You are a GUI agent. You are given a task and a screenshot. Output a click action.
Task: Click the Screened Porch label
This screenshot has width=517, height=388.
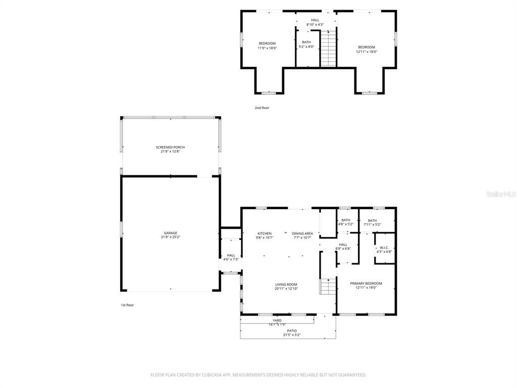click(x=170, y=147)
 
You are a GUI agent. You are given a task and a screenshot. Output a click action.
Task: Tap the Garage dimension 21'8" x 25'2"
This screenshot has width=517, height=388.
click(x=170, y=237)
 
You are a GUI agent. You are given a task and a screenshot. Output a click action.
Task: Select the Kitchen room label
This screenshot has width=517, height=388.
click(x=265, y=233)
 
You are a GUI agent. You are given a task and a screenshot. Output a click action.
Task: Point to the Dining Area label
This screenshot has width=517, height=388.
click(x=302, y=233)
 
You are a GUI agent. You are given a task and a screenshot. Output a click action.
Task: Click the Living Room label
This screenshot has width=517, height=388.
click(x=286, y=284)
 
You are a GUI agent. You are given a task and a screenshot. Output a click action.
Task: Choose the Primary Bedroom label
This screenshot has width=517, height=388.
click(x=366, y=283)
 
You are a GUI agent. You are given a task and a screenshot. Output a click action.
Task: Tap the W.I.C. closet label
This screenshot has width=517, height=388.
click(x=384, y=248)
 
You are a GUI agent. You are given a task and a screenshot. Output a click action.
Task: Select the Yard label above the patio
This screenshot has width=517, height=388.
click(x=277, y=320)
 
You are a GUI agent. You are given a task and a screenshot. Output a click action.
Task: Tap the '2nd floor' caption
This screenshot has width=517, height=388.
click(x=262, y=108)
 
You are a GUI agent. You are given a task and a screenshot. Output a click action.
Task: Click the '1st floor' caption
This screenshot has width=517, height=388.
click(x=127, y=305)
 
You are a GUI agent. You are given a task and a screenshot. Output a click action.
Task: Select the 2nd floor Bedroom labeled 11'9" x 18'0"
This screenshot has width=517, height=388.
click(x=267, y=43)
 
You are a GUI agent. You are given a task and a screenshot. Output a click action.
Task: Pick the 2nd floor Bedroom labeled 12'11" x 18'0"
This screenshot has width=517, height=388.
click(x=367, y=47)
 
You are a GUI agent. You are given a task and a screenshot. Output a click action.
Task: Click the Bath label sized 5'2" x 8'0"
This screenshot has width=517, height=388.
click(x=306, y=42)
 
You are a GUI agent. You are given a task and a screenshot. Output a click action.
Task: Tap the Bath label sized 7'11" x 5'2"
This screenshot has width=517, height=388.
click(x=372, y=220)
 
